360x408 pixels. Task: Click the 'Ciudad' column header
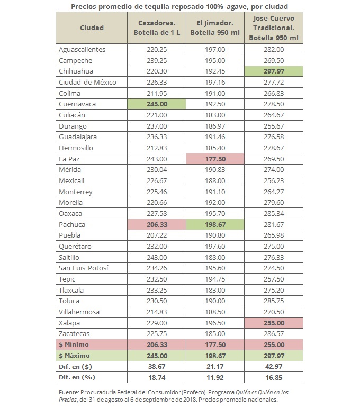[92, 28]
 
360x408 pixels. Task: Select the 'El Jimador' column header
[214, 28]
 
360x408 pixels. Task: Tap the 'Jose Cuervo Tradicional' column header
[274, 28]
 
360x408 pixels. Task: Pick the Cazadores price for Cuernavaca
[156, 104]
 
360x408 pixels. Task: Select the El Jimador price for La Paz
[214, 159]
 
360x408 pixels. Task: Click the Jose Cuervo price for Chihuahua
[274, 71]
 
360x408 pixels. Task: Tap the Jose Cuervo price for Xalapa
[274, 323]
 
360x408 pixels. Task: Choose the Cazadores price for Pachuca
[156, 224]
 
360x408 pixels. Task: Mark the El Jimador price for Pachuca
[214, 224]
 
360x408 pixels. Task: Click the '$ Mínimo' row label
[75, 344]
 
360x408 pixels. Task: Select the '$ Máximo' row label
[75, 355]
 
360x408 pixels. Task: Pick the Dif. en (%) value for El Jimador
[214, 377]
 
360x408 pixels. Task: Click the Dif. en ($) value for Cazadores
[156, 366]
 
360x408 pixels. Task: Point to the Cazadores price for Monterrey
[156, 192]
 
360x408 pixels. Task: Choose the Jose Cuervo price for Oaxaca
[274, 213]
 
